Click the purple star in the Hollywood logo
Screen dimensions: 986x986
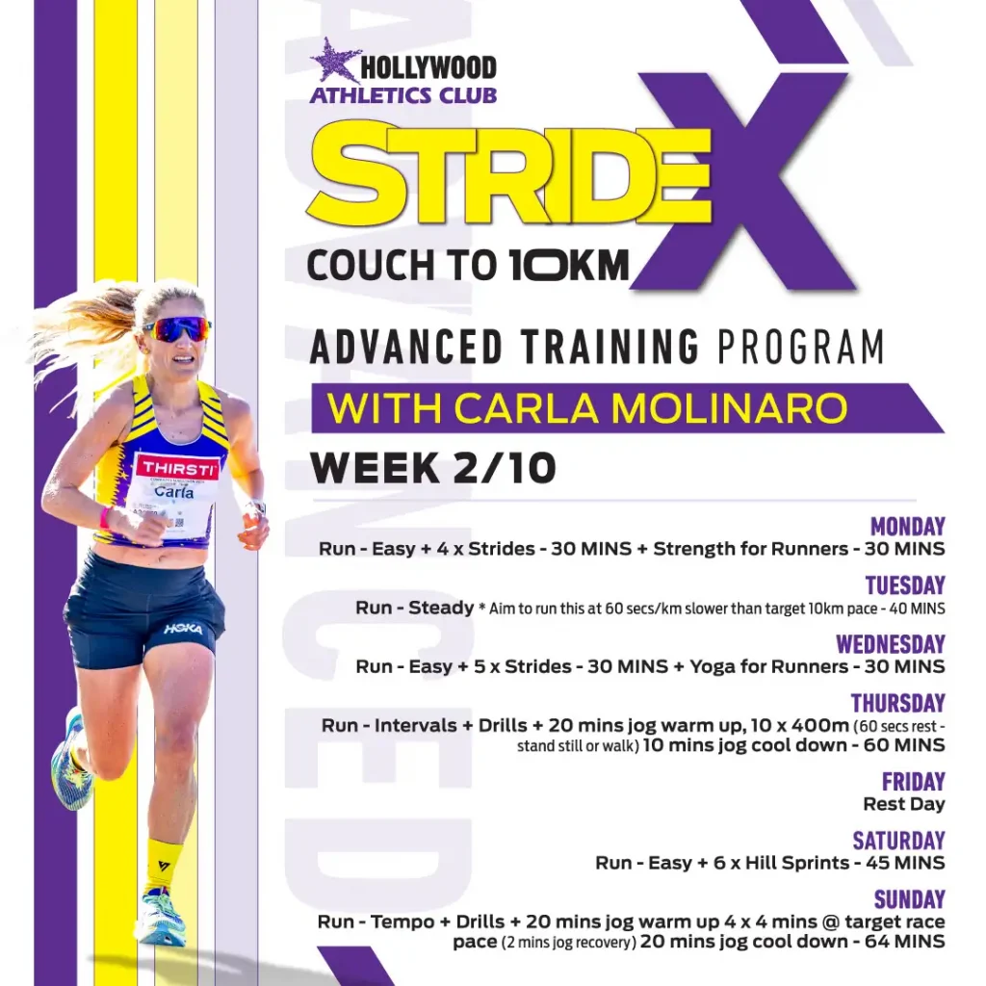click(334, 61)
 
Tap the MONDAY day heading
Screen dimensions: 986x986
click(907, 526)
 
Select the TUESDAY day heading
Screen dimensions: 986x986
click(905, 584)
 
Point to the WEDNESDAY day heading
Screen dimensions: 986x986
click(891, 644)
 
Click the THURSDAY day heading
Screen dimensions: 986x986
click(898, 702)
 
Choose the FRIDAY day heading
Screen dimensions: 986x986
click(913, 781)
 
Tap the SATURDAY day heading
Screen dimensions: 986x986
click(898, 840)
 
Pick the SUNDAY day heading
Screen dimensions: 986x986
click(909, 899)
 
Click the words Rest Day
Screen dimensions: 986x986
click(903, 804)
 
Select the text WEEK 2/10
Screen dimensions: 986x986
click(433, 467)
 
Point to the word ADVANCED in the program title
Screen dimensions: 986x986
click(406, 347)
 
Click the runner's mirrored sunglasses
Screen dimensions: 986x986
click(177, 329)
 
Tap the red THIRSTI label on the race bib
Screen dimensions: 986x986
click(178, 467)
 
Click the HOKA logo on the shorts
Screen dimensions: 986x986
click(183, 629)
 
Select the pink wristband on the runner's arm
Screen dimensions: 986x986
click(104, 517)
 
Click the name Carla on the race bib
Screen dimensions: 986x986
click(174, 491)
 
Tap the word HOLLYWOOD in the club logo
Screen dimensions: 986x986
click(428, 68)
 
